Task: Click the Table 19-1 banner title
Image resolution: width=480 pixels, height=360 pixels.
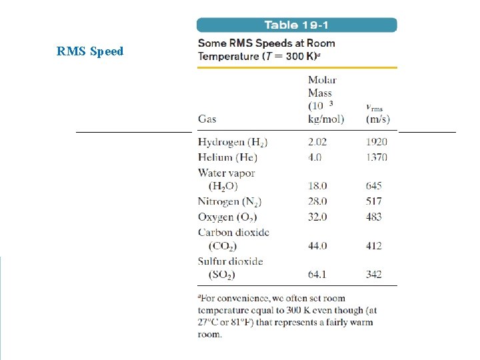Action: tap(297, 25)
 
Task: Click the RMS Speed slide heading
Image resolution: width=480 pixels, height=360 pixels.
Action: tap(90, 51)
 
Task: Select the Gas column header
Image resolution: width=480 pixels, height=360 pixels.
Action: tap(207, 119)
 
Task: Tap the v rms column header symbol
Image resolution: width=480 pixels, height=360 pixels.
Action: tap(375, 107)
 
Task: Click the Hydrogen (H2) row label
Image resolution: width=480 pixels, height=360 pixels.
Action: tap(233, 142)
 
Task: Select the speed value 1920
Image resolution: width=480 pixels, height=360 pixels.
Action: tap(376, 142)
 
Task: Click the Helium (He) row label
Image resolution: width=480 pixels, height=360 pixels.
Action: tap(227, 157)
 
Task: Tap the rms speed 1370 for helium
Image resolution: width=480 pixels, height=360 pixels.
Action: tap(376, 157)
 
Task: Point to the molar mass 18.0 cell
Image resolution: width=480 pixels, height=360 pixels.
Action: tap(317, 186)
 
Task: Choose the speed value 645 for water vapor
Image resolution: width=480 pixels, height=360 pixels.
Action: tap(374, 186)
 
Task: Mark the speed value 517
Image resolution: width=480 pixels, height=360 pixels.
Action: tap(374, 201)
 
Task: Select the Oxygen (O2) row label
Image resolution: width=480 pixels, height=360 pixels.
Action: tap(227, 217)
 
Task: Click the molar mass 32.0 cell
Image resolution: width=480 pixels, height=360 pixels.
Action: tap(317, 217)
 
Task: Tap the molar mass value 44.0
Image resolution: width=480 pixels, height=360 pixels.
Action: tap(317, 246)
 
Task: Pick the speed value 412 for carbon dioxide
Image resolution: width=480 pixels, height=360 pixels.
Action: tap(374, 246)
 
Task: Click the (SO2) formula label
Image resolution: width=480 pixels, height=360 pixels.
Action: tap(222, 275)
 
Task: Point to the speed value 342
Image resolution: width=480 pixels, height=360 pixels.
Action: tap(374, 275)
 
